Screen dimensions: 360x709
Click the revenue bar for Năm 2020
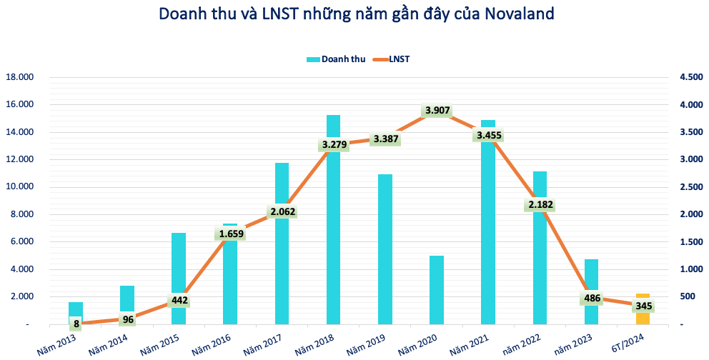point(437,289)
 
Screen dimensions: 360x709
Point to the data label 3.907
point(437,110)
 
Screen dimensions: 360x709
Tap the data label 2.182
point(540,205)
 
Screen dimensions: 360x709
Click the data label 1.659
point(231,233)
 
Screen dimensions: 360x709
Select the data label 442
point(179,300)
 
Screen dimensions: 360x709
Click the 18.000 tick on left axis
point(21,77)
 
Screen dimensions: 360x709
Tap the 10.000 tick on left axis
point(21,187)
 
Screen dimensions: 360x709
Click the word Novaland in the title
point(512,14)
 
